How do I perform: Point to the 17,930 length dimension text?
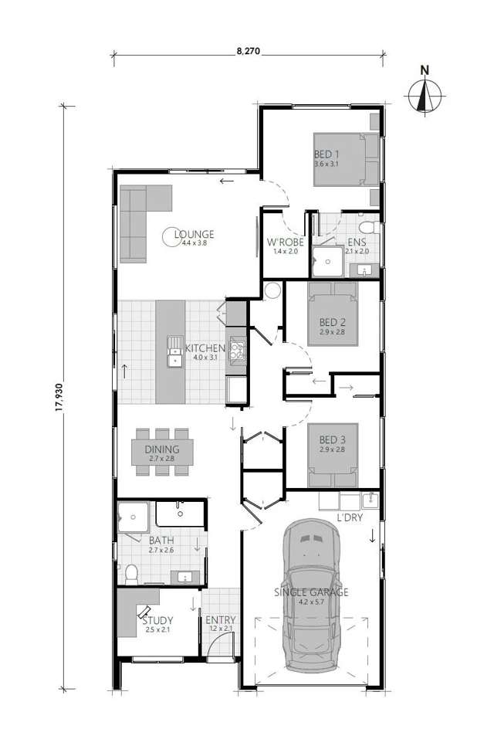click(x=60, y=396)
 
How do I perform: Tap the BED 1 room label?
click(x=327, y=154)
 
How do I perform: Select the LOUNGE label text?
click(x=194, y=235)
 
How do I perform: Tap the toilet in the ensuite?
click(x=368, y=229)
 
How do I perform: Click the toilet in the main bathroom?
click(x=132, y=572)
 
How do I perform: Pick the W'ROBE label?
click(x=283, y=242)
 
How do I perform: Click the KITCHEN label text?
click(x=205, y=348)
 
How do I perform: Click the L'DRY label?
click(x=349, y=518)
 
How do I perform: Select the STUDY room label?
click(x=157, y=619)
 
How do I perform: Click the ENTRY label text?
click(x=220, y=619)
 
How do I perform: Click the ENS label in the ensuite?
click(x=355, y=242)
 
